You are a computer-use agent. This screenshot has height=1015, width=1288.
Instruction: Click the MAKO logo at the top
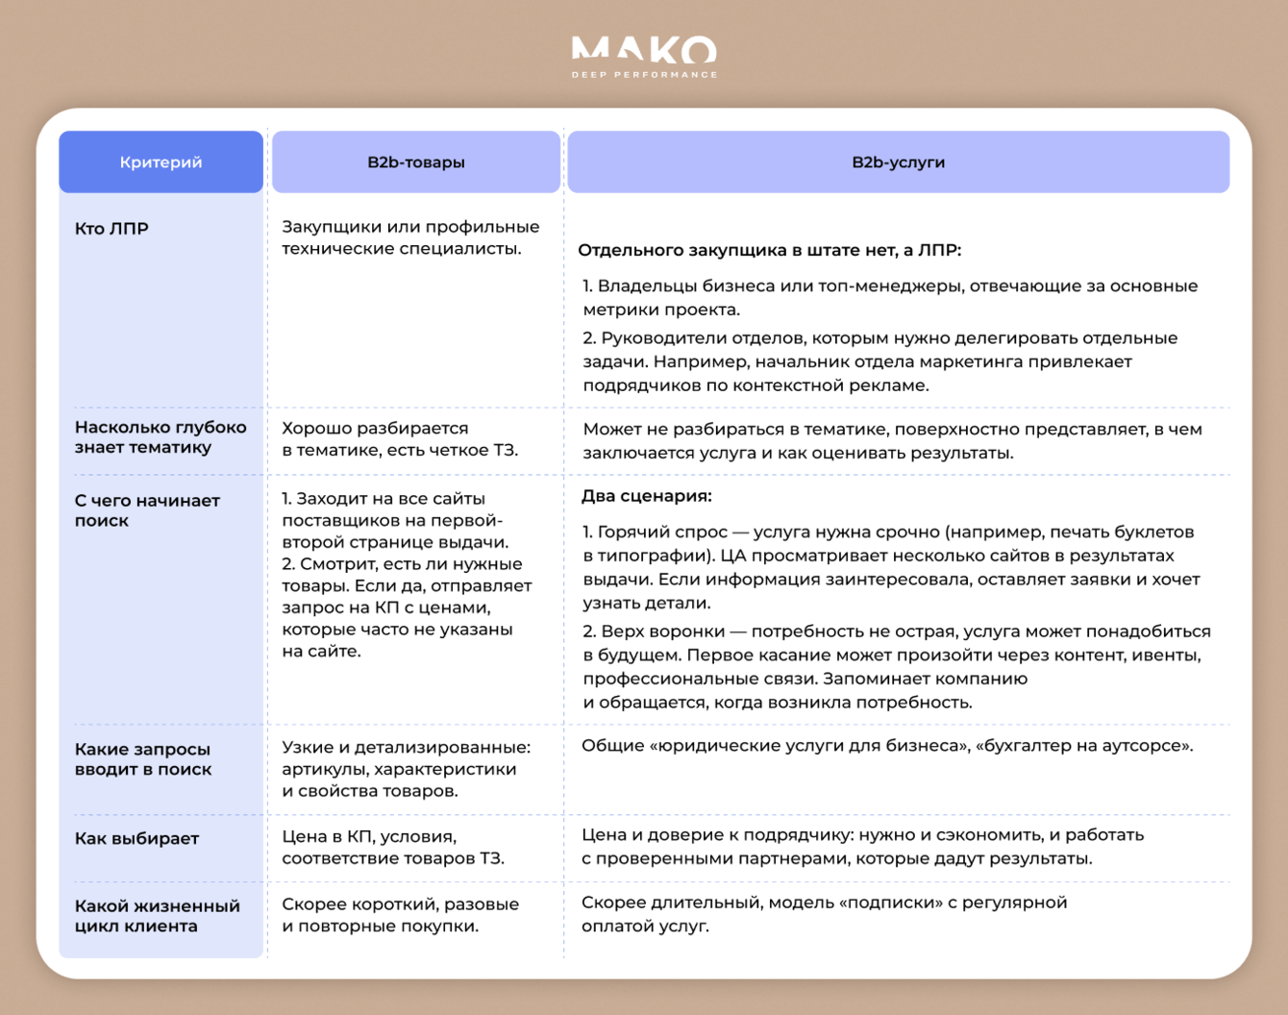point(644,50)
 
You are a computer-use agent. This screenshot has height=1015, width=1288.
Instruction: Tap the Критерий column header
point(161,162)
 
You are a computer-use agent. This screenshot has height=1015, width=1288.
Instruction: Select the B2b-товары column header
point(415,162)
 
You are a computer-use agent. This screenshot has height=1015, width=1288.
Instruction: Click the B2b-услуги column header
point(898,162)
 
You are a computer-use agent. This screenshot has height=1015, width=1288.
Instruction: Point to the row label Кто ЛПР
point(111,229)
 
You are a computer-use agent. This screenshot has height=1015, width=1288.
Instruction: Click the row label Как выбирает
point(136,838)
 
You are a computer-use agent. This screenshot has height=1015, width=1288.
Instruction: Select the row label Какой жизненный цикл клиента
point(157,916)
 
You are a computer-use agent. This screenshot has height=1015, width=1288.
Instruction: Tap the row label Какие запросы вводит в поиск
point(142,759)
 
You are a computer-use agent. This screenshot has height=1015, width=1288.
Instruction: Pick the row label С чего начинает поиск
point(147,510)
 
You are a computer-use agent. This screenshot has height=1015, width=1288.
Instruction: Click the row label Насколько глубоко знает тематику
point(160,437)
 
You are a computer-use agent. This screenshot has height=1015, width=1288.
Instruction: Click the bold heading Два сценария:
point(646,496)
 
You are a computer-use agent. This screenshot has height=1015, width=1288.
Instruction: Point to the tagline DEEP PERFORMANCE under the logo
point(644,74)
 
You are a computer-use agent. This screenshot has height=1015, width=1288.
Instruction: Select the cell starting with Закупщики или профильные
point(410,237)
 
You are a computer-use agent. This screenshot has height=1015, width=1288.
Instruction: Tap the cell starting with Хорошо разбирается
point(399,439)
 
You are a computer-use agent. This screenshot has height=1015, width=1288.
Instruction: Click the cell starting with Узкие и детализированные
point(406,769)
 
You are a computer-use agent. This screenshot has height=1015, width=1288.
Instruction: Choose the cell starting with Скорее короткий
point(400,915)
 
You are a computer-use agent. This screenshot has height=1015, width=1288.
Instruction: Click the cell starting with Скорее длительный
point(824,914)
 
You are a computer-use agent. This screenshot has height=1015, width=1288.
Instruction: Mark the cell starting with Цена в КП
point(392,847)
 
